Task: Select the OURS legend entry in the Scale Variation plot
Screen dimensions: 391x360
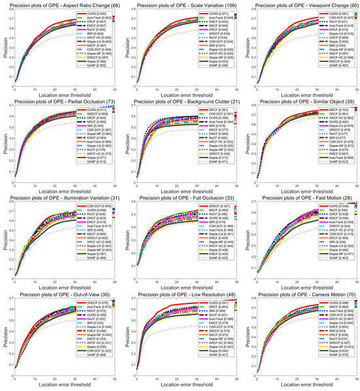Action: (x=210, y=13)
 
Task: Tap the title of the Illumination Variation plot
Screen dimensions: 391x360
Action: (x=62, y=199)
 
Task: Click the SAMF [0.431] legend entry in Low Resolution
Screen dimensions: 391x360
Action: (x=211, y=358)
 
